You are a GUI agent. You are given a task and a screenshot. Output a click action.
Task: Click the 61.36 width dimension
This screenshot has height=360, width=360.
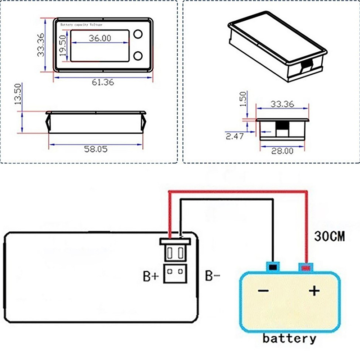(x=103, y=82)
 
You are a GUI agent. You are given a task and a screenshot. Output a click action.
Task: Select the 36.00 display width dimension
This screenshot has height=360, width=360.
(x=100, y=38)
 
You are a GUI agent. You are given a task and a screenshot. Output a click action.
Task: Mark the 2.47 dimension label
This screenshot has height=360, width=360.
(x=234, y=135)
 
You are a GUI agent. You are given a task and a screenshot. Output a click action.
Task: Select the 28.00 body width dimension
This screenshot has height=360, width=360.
(x=283, y=151)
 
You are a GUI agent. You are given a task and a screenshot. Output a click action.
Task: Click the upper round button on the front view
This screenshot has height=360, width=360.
(x=138, y=34)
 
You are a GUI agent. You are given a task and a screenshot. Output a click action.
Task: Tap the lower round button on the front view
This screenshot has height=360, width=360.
(x=138, y=56)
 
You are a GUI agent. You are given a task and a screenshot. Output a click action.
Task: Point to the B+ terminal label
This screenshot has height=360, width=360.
(x=151, y=276)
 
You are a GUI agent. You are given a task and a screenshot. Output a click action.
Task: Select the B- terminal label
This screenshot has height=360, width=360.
(x=212, y=276)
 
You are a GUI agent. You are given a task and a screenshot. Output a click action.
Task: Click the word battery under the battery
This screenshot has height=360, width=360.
(x=289, y=338)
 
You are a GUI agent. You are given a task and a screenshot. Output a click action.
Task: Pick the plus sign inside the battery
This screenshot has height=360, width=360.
(x=314, y=292)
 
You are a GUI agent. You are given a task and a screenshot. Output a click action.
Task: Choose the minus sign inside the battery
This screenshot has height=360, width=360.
(x=263, y=291)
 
